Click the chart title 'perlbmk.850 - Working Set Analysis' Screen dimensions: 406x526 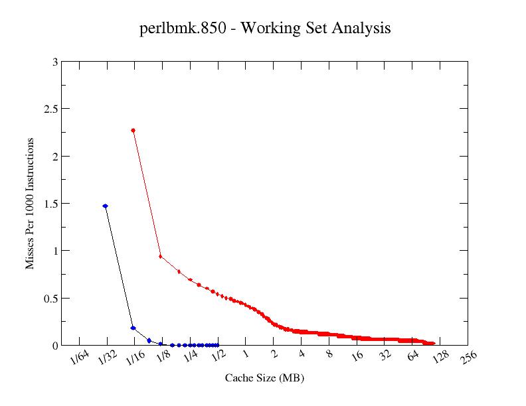click(265, 29)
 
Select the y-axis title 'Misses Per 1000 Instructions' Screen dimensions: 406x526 click(30, 204)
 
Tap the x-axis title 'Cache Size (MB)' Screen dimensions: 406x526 click(264, 378)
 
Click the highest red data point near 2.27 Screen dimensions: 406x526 click(133, 131)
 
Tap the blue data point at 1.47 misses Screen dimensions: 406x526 click(106, 206)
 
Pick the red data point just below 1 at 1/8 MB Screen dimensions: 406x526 click(161, 256)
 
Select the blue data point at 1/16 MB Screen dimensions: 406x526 click(133, 328)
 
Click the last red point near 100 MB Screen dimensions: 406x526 click(433, 344)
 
